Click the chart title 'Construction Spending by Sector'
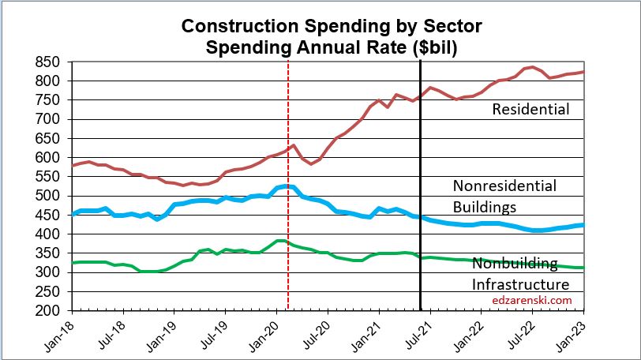(332, 26)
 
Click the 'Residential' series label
(530, 110)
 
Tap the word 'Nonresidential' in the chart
(504, 186)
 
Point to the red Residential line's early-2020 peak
(294, 145)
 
